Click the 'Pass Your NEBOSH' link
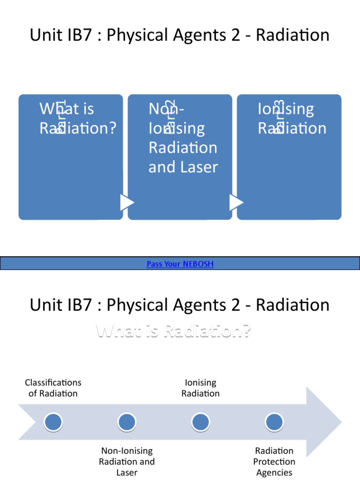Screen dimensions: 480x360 coord(180,264)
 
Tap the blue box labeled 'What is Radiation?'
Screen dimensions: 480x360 coord(71,157)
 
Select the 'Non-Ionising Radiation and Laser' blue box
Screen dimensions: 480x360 coord(180,157)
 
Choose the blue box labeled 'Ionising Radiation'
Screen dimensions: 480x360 coord(289,157)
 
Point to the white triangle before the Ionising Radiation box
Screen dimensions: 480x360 coord(236,202)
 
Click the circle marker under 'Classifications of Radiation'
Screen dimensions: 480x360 coord(53,422)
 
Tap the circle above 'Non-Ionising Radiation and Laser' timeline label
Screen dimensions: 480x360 coord(127,422)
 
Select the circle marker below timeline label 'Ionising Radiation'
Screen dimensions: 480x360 coord(201,422)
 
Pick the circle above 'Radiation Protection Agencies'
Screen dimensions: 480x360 coord(274,422)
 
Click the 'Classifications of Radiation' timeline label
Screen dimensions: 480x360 coord(53,388)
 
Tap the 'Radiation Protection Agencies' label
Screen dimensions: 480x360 coord(274,462)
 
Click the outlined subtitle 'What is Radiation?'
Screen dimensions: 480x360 coord(174,331)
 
